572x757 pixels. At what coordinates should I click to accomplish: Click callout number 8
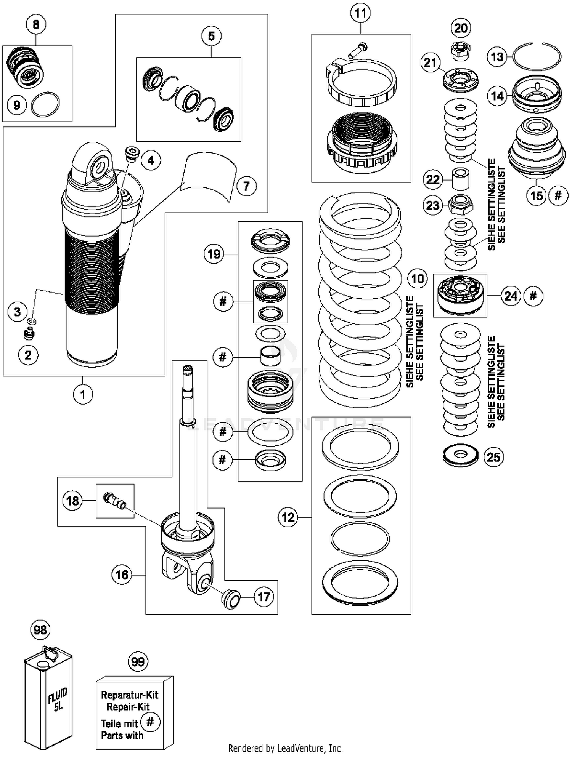coord(36,25)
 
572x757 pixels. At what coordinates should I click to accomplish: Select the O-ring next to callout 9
coord(45,105)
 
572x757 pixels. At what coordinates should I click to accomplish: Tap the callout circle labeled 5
coord(211,36)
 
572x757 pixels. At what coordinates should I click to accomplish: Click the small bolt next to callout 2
coord(29,334)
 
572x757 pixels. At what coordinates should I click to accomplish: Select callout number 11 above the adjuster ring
coord(360,13)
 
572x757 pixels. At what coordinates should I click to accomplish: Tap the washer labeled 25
coord(461,456)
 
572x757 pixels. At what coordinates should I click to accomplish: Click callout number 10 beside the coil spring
coord(417,278)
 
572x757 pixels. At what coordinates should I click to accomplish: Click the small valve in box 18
coord(114,501)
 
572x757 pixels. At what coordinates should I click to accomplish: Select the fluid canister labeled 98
coord(48,697)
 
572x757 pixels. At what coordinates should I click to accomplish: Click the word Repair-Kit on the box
coord(128,707)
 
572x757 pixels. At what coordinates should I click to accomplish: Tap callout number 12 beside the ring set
coord(288,517)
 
